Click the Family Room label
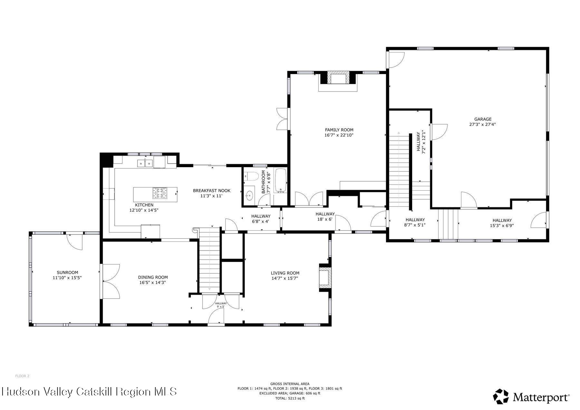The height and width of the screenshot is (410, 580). point(339,130)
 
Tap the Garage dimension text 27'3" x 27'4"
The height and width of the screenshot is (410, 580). point(482,124)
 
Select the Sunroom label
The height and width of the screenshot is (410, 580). point(67,272)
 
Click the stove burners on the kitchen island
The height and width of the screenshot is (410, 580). point(160,193)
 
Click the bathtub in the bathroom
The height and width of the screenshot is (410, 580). point(280,181)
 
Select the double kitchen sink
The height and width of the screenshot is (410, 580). point(145,163)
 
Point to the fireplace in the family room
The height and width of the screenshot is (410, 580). point(338,79)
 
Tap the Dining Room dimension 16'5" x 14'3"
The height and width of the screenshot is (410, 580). point(153,282)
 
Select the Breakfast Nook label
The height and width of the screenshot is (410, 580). point(212,191)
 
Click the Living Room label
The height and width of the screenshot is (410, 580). point(285,273)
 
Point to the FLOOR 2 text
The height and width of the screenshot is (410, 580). point(22,376)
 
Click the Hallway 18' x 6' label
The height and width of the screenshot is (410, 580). point(325,214)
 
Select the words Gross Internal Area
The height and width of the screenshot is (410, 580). point(290,384)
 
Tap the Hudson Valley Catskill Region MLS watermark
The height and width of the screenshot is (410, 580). point(89,392)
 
